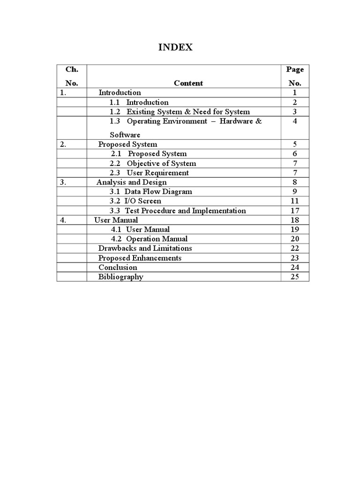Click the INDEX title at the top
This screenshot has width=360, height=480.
pyautogui.click(x=176, y=47)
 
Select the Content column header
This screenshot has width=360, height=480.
pyautogui.click(x=188, y=83)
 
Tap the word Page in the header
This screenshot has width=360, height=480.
pyautogui.click(x=295, y=69)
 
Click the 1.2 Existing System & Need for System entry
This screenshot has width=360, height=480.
pyautogui.click(x=180, y=112)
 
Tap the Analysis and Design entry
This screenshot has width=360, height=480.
pyautogui.click(x=131, y=182)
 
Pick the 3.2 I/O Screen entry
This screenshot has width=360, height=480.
pyautogui.click(x=135, y=201)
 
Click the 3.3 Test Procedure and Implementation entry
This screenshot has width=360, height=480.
pyautogui.click(x=178, y=210)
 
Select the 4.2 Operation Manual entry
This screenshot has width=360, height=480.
pyautogui.click(x=149, y=239)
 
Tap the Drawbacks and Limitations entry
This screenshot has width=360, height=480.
pyautogui.click(x=145, y=248)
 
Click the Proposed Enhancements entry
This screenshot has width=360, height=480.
pyautogui.click(x=140, y=258)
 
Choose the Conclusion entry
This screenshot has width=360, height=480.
pyautogui.click(x=118, y=267)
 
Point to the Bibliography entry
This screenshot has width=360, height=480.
pyautogui.click(x=120, y=277)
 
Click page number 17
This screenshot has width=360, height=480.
pyautogui.click(x=295, y=210)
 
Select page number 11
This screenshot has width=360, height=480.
pyautogui.click(x=295, y=201)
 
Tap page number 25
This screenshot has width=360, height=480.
pyautogui.click(x=295, y=277)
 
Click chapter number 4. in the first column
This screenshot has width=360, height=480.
pyautogui.click(x=63, y=220)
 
